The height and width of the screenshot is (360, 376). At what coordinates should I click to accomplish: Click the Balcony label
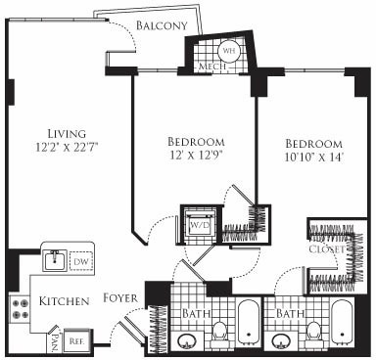pyautogui.click(x=162, y=24)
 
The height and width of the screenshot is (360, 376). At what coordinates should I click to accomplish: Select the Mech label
pyautogui.click(x=211, y=66)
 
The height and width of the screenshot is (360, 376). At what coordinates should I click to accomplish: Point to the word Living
pyautogui.click(x=67, y=133)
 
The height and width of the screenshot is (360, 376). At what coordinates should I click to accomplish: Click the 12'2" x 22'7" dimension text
pyautogui.click(x=67, y=149)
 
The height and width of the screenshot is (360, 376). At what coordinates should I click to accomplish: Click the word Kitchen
pyautogui.click(x=66, y=300)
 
